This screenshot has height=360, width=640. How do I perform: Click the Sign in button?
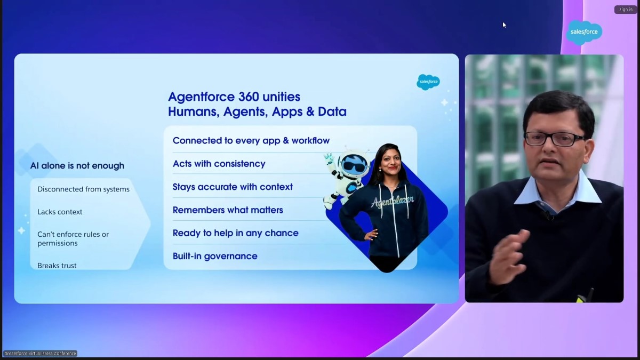coord(626,10)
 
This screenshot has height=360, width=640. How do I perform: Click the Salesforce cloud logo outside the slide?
coord(584,32)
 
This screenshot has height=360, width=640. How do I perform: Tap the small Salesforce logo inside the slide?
coord(428,82)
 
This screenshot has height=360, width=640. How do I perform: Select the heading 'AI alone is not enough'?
coord(77,166)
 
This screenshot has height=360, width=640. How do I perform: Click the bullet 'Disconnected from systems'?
coord(83,189)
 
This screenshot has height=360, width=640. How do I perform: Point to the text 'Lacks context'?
coord(60,212)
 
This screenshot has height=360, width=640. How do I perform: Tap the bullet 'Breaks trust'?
coord(57,266)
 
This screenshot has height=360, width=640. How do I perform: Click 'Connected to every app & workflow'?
coord(251,141)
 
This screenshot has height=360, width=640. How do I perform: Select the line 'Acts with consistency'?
coord(219,164)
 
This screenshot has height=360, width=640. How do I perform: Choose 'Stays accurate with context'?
coord(233,187)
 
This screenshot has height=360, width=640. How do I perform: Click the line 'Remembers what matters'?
coord(228,210)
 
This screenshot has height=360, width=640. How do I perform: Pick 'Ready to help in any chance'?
coord(235,233)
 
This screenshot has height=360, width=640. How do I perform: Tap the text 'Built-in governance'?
coord(215,257)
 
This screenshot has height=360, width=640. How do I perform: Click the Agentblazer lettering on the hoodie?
coord(385,202)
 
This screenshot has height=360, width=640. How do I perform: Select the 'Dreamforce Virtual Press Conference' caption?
coord(41,354)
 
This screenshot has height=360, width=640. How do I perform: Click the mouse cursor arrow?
coord(504,25)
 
